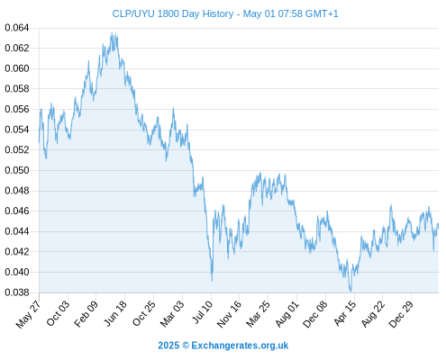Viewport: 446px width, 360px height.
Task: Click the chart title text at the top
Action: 225,13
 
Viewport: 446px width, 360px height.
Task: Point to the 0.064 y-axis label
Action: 17,28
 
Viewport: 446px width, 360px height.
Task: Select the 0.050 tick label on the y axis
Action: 17,170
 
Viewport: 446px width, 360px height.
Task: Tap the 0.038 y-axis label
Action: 17,292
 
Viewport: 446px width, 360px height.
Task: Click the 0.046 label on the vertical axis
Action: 17,211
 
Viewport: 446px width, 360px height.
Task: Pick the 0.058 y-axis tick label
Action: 17,89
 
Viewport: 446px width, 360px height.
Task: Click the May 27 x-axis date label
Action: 28,314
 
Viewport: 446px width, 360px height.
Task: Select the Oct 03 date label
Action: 58,313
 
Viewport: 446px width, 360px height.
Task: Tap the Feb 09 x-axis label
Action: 86,313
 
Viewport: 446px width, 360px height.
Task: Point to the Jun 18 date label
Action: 115,313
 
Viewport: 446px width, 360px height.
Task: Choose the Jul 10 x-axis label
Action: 203,311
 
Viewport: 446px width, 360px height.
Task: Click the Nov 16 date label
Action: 229,313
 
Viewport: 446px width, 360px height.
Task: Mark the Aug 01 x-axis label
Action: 287,313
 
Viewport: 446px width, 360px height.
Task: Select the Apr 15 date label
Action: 345,313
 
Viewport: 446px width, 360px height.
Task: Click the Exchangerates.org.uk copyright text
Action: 240,346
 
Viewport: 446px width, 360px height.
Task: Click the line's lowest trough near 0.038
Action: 350,291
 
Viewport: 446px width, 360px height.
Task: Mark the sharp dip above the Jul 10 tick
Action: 212,280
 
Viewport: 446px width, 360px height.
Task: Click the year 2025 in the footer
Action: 168,346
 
